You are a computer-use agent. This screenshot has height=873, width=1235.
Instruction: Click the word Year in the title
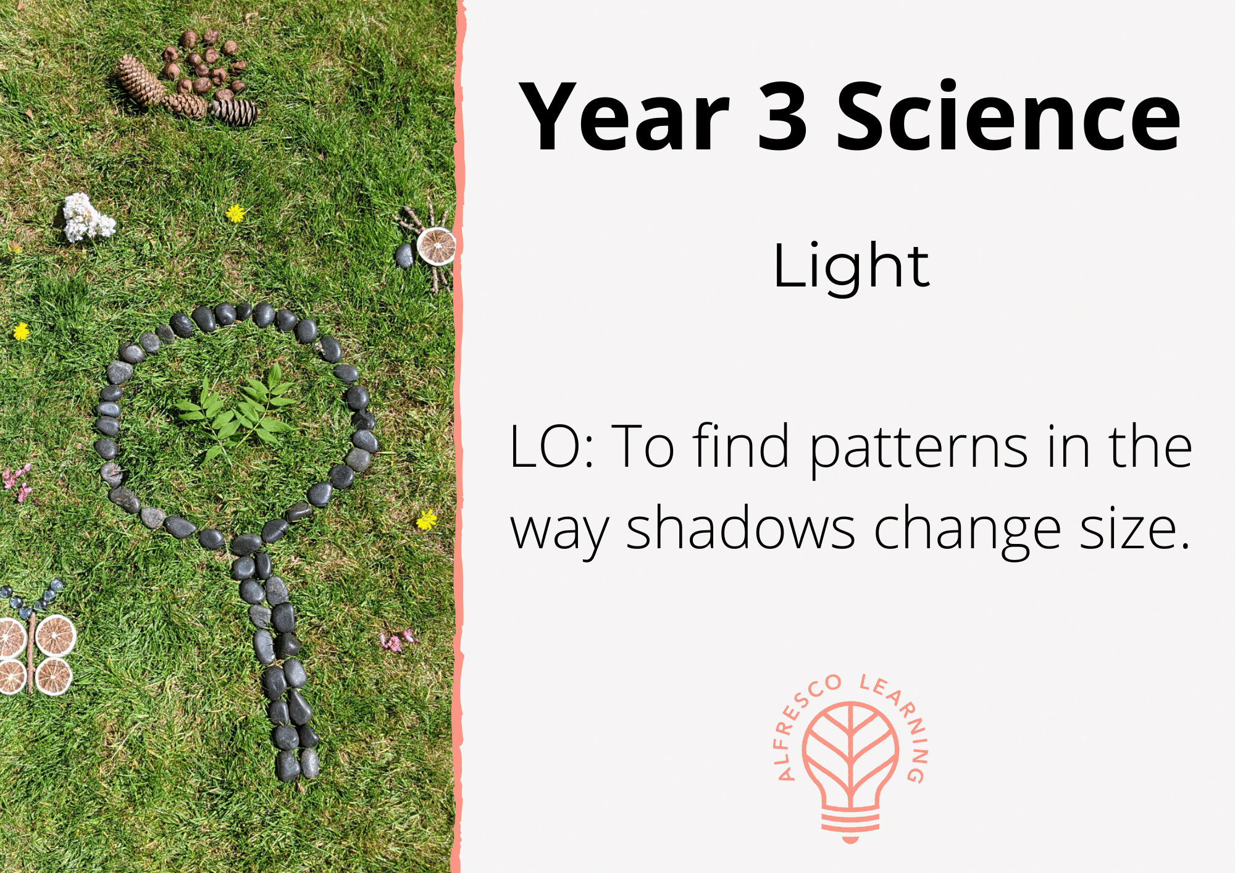click(624, 117)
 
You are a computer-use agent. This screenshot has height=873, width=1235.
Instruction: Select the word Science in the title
click(1008, 117)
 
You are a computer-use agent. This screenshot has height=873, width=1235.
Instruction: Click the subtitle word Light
click(851, 267)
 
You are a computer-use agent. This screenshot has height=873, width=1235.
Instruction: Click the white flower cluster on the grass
click(87, 218)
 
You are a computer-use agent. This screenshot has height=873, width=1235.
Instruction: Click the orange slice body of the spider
click(437, 246)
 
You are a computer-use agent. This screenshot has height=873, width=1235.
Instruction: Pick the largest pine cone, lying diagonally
click(140, 81)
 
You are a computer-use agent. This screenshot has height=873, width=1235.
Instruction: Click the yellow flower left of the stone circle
click(21, 332)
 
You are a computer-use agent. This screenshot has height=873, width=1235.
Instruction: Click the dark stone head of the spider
click(405, 256)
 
